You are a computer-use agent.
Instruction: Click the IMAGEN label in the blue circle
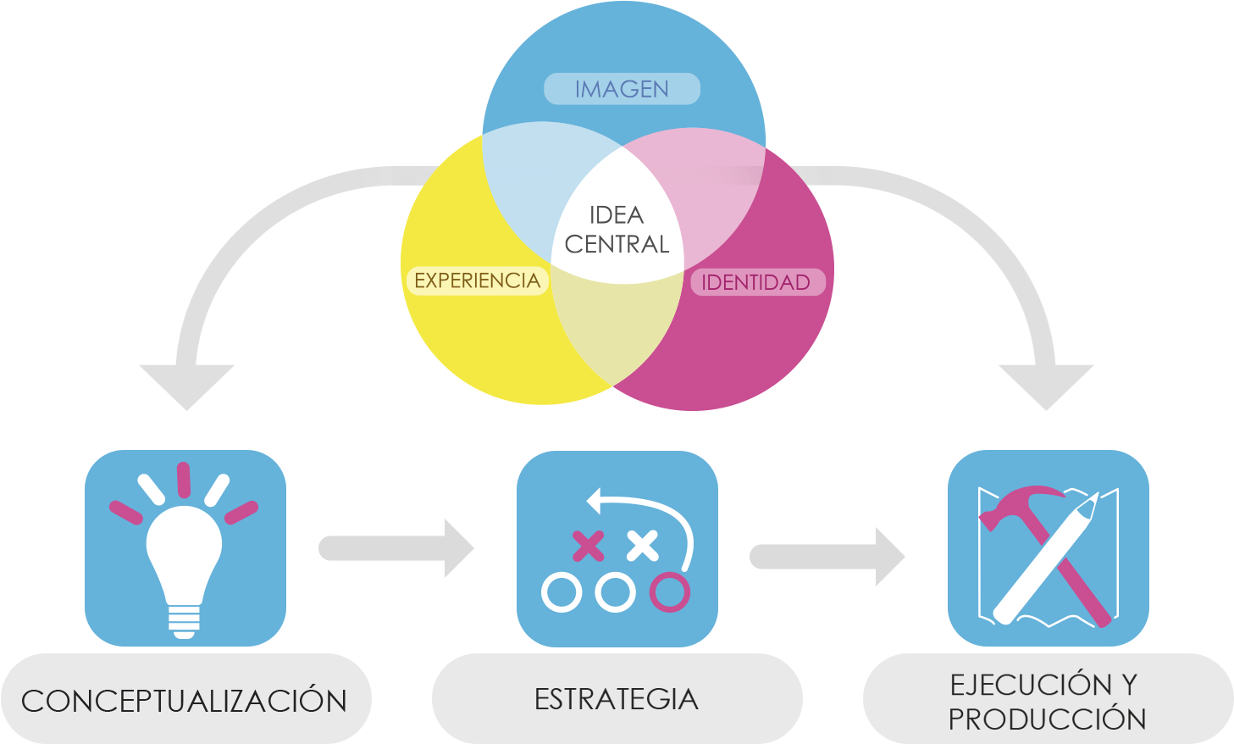(622, 89)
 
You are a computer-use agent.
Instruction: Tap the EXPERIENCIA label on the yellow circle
(477, 280)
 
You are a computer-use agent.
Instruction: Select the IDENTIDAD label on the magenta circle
(755, 282)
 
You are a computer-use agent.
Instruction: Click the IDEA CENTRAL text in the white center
(617, 230)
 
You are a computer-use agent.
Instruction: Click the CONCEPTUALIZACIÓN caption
(184, 701)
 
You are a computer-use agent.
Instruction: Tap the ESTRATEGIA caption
(617, 699)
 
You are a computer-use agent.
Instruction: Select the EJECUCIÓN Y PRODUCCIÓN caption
(1047, 702)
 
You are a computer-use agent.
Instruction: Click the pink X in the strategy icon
(589, 546)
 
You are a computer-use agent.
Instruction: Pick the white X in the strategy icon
(643, 546)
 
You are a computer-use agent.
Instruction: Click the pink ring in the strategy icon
(669, 592)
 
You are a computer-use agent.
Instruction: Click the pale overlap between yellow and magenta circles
(617, 330)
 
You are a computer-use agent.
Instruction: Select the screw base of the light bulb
(184, 620)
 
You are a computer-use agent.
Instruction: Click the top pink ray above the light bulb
(184, 480)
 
